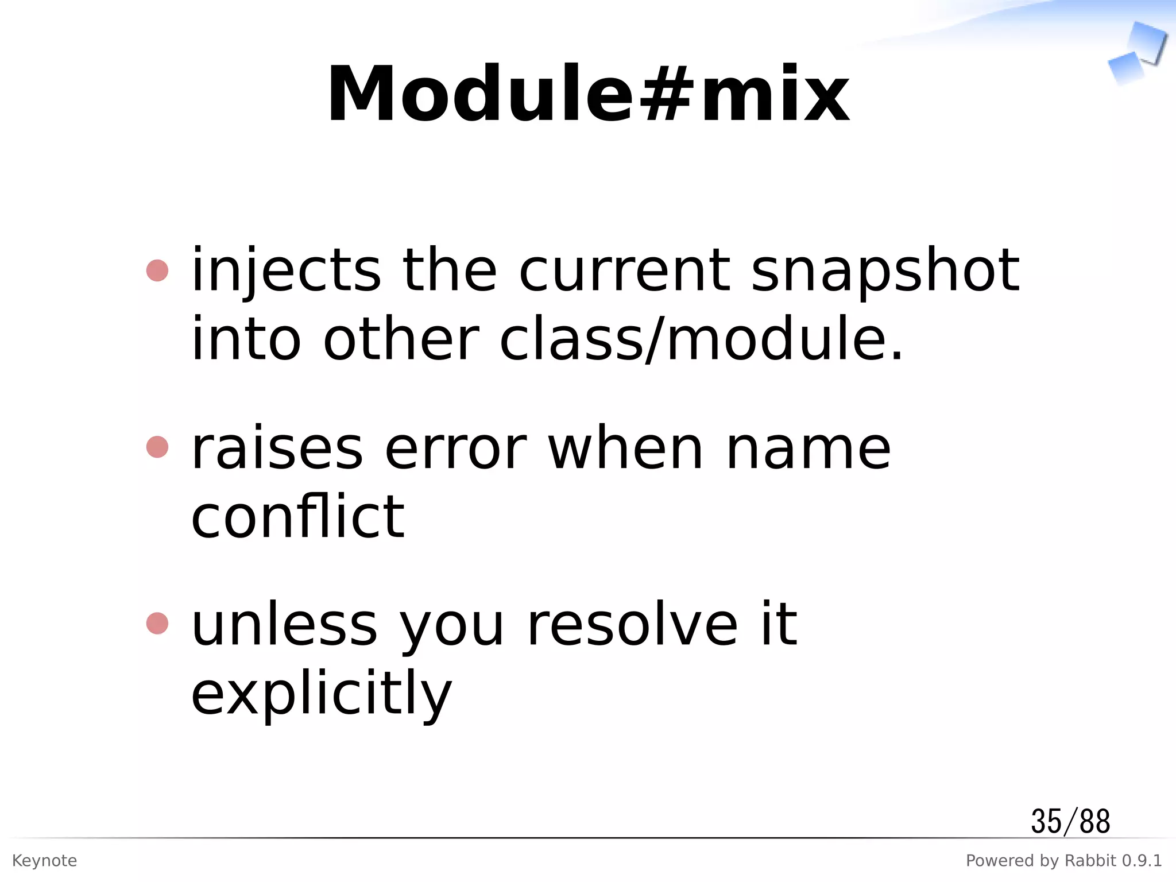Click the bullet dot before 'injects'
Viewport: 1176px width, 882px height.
(x=157, y=270)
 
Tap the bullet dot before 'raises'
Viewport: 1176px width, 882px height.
(x=157, y=447)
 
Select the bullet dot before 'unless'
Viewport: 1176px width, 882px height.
(x=157, y=623)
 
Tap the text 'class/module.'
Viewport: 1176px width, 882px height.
(x=701, y=340)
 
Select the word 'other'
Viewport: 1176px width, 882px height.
(x=400, y=340)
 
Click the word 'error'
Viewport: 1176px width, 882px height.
(x=455, y=449)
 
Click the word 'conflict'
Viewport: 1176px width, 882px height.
(x=297, y=517)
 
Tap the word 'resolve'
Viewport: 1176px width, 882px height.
(x=632, y=625)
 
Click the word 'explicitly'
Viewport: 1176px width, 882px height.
(x=322, y=694)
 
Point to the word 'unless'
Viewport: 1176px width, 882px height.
(x=284, y=625)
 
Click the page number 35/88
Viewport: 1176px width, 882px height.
(x=1070, y=821)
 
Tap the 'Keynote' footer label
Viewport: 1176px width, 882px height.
(x=44, y=861)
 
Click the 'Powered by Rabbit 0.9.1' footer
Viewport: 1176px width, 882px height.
(x=1063, y=861)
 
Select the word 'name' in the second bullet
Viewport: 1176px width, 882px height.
(x=808, y=449)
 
